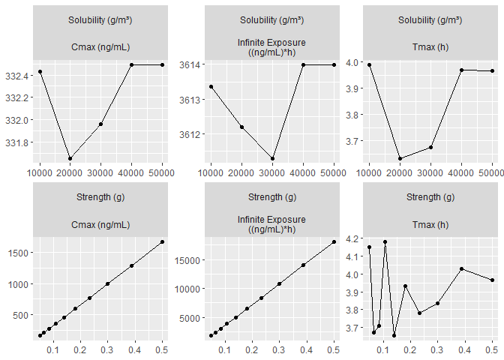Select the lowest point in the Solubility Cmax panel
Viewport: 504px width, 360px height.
(x=70, y=158)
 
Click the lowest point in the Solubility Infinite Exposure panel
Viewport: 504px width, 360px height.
(x=272, y=158)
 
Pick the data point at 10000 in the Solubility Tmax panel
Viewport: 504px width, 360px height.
(x=370, y=65)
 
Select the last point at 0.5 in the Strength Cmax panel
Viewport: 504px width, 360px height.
(x=162, y=241)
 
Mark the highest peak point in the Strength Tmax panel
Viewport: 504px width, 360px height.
(x=385, y=242)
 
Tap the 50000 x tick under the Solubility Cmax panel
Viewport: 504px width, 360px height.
(x=162, y=172)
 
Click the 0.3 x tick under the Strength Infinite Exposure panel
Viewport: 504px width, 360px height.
(x=279, y=349)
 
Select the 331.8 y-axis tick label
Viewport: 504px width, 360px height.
(x=16, y=142)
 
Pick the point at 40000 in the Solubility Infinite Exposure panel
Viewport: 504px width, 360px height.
(x=303, y=65)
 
